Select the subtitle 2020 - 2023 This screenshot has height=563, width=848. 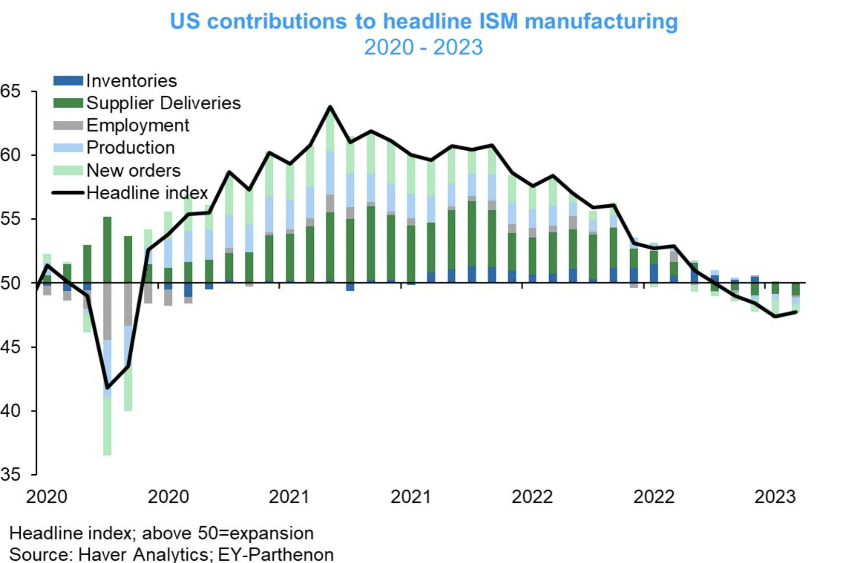pos(423,47)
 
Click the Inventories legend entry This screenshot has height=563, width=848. pos(131,81)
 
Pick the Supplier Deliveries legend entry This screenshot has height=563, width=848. pos(163,103)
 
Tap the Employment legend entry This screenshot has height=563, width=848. pos(138,126)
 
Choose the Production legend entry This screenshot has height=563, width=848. pos(130,148)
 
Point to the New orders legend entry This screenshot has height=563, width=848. pos(133,170)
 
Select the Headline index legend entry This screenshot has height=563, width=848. pos(147,193)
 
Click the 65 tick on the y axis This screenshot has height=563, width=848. pos(11,91)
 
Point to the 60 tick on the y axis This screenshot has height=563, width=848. pos(11,155)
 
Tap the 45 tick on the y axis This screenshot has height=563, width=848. pos(11,347)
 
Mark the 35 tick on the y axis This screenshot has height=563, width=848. pos(11,475)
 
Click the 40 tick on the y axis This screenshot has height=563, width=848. pos(11,411)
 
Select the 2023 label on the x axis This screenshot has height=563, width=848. pos(775,497)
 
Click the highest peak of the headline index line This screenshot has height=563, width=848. pos(330,107)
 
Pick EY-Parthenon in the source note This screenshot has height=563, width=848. pos(276,554)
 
